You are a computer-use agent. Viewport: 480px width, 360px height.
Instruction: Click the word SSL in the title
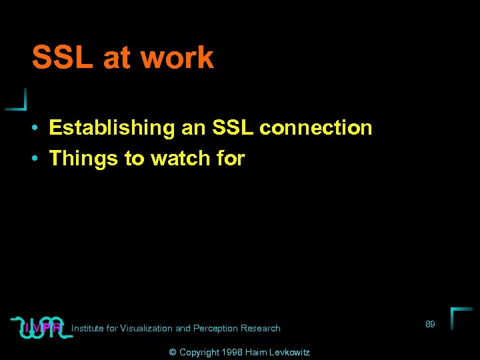pos(63,58)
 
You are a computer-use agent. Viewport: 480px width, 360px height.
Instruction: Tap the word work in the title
pos(177,58)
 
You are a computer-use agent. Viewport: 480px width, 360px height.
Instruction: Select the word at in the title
pos(118,58)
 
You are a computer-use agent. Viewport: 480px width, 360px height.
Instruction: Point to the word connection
pos(316,127)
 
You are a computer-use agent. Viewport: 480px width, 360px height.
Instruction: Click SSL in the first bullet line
pos(233,127)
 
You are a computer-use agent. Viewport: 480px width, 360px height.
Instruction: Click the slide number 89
pos(430,324)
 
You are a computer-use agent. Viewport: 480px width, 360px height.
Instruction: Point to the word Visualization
pos(146,328)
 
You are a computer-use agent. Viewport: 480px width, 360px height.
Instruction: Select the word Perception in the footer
pos(215,328)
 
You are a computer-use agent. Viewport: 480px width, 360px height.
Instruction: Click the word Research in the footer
pos(261,328)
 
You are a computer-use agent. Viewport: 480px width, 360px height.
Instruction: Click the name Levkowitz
pos(288,352)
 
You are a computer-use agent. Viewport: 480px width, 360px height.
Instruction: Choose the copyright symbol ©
pos(172,352)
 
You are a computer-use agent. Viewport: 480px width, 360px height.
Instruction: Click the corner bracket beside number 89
pos(459,317)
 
